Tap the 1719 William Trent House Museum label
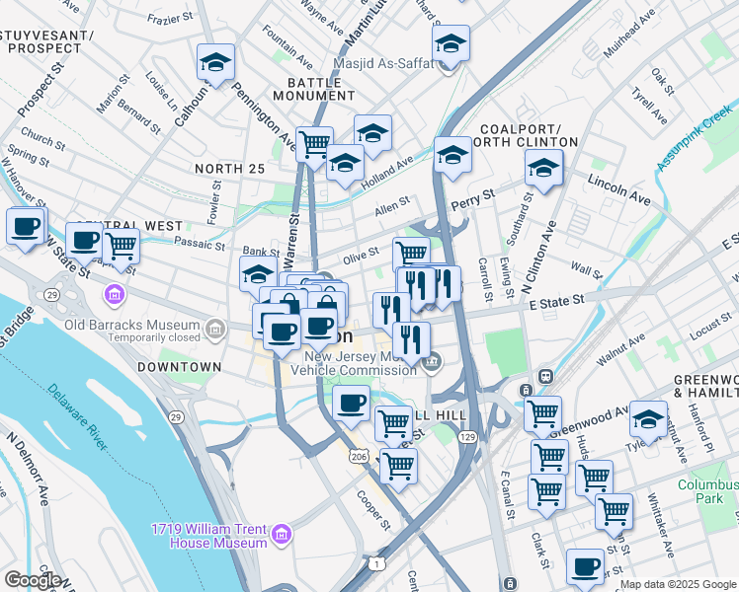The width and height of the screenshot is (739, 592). coord(208,535)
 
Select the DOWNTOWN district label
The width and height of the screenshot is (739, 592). coord(179,367)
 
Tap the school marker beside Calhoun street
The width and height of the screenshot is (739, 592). coord(215,62)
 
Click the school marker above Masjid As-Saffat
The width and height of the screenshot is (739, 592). coord(451,43)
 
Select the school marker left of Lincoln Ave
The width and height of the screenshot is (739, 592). coord(542,169)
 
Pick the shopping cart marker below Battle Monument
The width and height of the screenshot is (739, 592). coord(314,144)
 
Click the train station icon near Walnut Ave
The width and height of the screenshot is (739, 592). coord(543,377)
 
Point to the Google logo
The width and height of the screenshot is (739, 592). coord(33,580)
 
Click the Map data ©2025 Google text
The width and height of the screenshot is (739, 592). coord(678,585)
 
